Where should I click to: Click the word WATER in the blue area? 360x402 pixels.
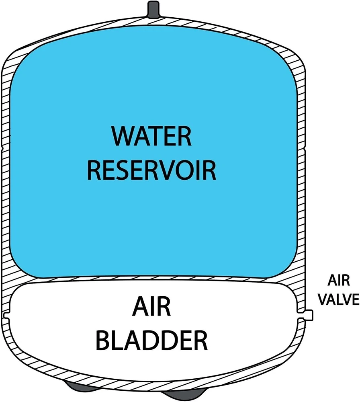152,137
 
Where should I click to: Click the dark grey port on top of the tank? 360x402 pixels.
153,7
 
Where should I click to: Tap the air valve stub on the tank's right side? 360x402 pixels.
309,315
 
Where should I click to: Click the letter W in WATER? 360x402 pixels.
122,137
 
